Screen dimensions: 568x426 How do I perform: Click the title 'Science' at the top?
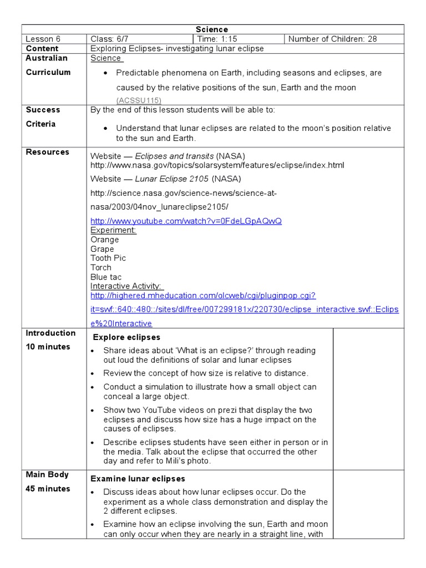[212, 29]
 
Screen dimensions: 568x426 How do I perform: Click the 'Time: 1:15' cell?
[218, 39]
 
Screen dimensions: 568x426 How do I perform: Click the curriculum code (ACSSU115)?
[139, 100]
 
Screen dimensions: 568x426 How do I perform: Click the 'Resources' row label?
[48, 152]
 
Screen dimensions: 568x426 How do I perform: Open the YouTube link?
[186, 221]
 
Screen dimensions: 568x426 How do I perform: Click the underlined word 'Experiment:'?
[113, 230]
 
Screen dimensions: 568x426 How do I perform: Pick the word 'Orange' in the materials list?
[104, 240]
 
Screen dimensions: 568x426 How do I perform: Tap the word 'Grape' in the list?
[102, 249]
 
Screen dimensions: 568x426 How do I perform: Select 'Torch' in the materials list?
[101, 267]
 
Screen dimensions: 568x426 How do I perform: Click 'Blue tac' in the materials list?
[106, 277]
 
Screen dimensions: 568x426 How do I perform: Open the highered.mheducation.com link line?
[203, 296]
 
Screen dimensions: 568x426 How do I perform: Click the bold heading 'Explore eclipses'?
[126, 337]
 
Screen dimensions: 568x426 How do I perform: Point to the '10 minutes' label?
[48, 347]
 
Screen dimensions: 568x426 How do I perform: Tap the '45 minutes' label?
[48, 489]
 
